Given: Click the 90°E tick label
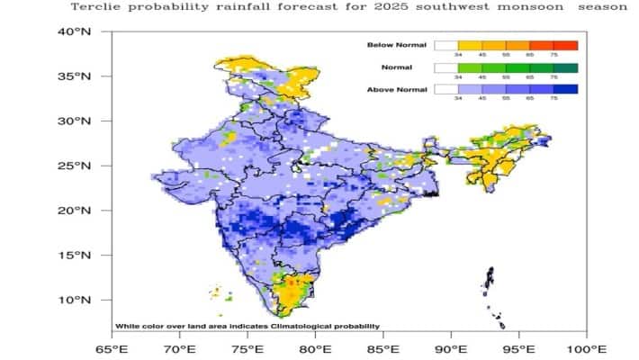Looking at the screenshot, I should [x=450, y=348].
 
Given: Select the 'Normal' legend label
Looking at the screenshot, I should [x=401, y=67].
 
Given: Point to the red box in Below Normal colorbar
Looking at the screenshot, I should [x=565, y=45].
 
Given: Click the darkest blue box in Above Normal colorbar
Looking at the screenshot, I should [x=565, y=90].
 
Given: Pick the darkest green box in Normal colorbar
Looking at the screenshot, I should [x=565, y=67].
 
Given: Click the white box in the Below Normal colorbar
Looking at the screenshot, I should [x=445, y=45].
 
